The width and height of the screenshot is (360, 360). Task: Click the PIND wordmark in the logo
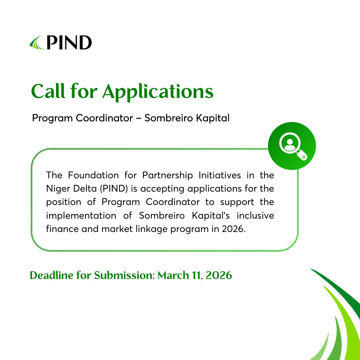(69, 43)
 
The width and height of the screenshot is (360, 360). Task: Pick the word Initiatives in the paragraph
(217, 175)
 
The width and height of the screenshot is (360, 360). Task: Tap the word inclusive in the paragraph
(255, 215)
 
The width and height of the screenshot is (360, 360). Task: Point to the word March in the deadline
(171, 276)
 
